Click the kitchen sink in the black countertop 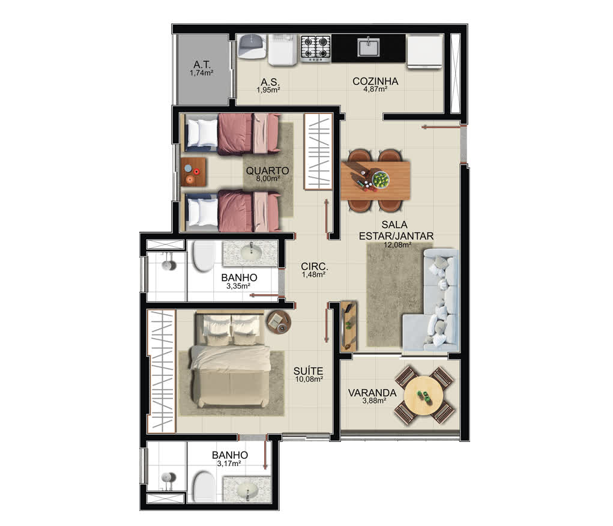click(x=368, y=47)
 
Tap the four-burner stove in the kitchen click(x=316, y=48)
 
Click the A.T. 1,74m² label click(x=202, y=68)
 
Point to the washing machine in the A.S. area click(x=282, y=50)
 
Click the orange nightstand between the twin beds click(x=193, y=172)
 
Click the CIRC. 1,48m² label click(x=314, y=270)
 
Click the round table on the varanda click(x=424, y=395)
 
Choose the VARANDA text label click(x=372, y=393)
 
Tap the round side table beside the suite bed click(x=279, y=322)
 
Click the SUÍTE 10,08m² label click(x=309, y=374)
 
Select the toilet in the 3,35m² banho click(x=204, y=256)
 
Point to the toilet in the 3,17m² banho click(x=204, y=488)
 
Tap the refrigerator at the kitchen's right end click(x=424, y=52)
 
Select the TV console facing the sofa click(x=349, y=326)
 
